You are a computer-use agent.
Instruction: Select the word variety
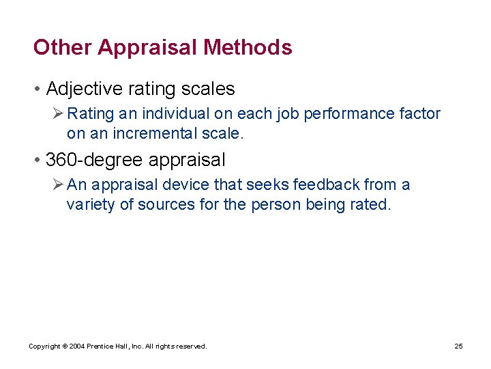pos(91,205)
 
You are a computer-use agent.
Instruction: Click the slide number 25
pos(458,346)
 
